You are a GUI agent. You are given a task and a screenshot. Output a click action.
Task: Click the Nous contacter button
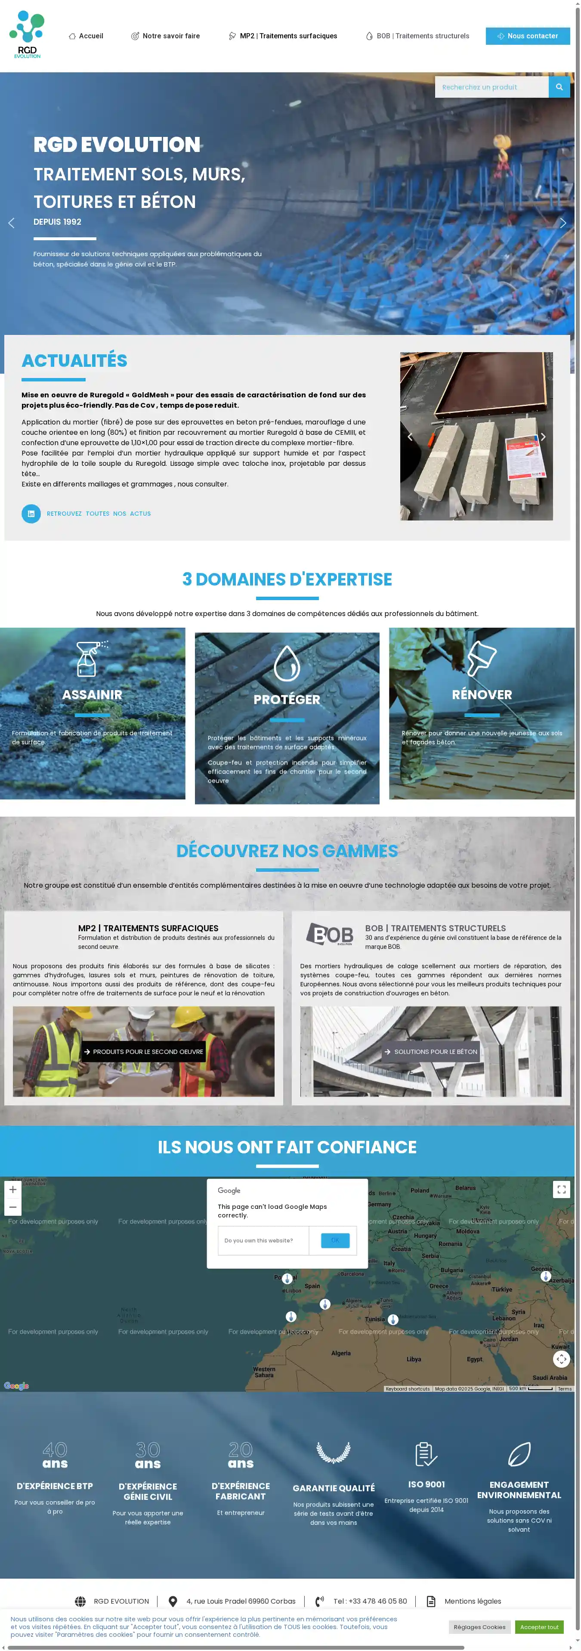point(527,36)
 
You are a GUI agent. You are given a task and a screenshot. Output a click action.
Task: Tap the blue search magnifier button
point(559,87)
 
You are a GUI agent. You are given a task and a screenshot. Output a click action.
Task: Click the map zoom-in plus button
point(13,1189)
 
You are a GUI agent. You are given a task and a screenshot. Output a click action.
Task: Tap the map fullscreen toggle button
point(561,1189)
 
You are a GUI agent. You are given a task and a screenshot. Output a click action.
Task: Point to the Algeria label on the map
point(341,1353)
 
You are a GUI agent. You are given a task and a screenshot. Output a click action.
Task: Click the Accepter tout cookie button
point(539,1626)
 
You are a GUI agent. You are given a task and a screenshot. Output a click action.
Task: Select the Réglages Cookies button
point(479,1626)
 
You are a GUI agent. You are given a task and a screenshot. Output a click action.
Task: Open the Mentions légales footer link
point(472,1601)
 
